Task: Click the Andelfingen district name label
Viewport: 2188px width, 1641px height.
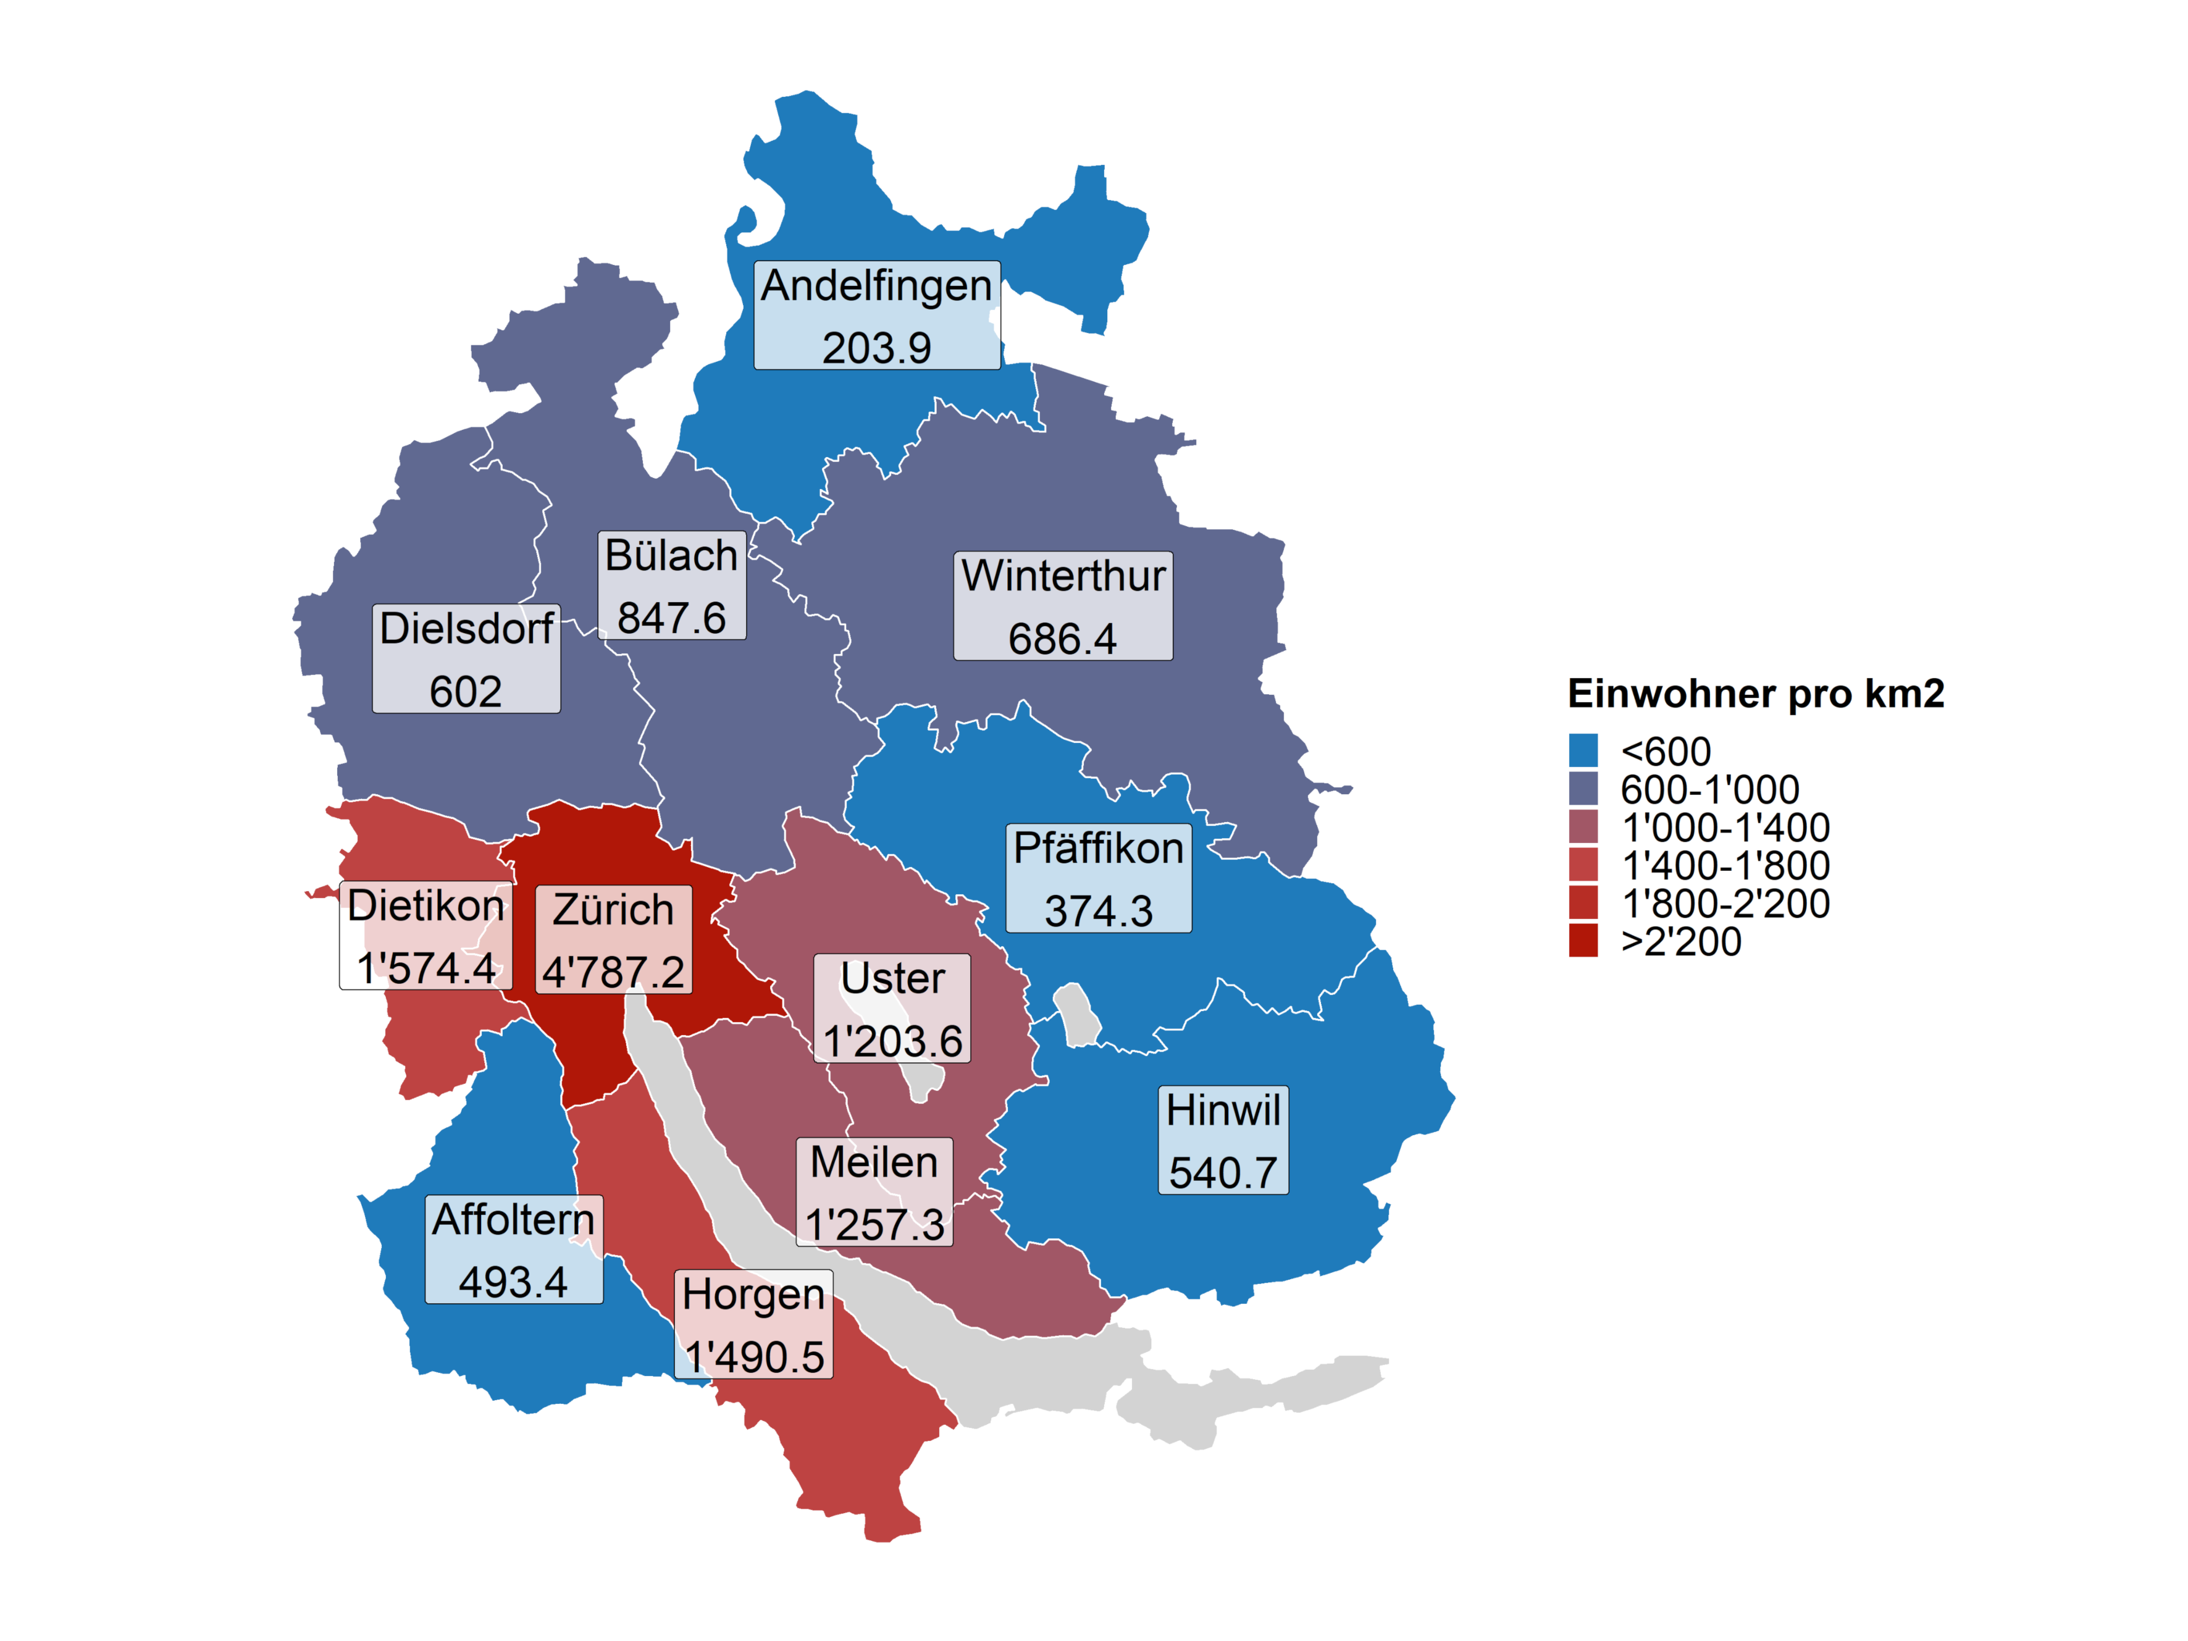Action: click(x=876, y=286)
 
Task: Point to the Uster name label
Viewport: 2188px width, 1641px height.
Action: click(x=892, y=978)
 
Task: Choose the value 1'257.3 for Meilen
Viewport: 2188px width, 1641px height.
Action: click(x=874, y=1225)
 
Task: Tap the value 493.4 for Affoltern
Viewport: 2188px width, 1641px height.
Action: click(x=513, y=1282)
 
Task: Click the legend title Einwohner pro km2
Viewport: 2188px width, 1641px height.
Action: click(x=1756, y=694)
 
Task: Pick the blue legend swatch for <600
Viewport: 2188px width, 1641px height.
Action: click(x=1583, y=751)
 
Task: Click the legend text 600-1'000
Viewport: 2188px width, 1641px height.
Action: click(x=1709, y=789)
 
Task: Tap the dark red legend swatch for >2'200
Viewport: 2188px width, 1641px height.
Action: click(x=1583, y=941)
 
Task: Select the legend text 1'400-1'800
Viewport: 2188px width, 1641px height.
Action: click(x=1725, y=865)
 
